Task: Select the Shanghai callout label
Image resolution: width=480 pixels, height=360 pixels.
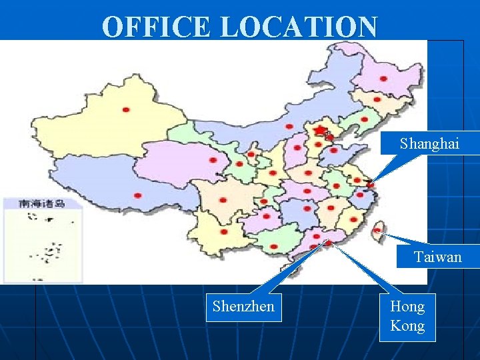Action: point(429,143)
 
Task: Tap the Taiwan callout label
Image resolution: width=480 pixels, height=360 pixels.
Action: point(437,257)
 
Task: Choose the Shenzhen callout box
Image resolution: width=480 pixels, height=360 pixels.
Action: point(243,307)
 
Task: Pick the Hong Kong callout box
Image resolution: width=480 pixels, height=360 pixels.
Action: point(407,316)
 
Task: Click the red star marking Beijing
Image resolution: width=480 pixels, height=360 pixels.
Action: point(321,129)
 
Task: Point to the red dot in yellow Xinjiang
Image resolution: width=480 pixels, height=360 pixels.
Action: point(126,109)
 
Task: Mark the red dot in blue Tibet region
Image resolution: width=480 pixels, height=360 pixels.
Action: point(138,195)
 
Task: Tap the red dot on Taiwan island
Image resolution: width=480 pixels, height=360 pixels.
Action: point(377,231)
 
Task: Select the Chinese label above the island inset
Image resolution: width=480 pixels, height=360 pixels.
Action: point(41,203)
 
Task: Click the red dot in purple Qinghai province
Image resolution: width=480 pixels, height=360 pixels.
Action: point(213,160)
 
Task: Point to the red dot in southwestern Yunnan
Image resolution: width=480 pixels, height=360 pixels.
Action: point(223,233)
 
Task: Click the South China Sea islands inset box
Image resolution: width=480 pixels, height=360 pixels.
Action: point(43,240)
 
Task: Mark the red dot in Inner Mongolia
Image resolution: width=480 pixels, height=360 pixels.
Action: point(289,126)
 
